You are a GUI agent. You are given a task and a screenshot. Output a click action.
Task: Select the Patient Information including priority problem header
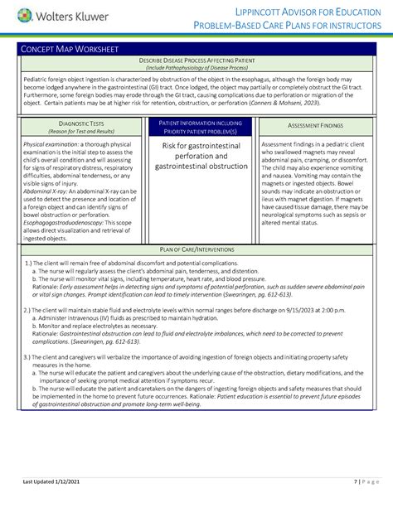(196, 126)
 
